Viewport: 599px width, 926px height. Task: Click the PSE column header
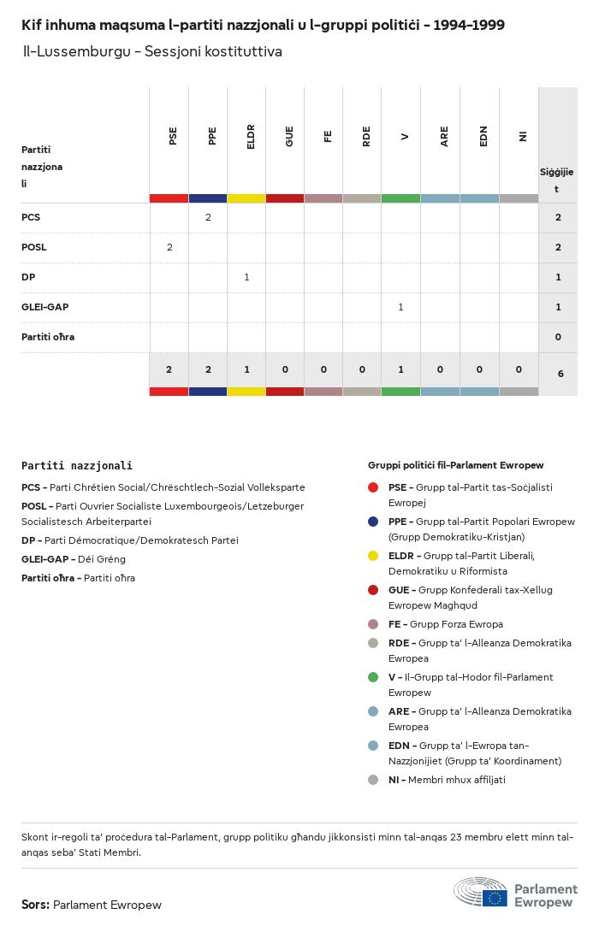click(173, 135)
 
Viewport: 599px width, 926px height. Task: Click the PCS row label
click(31, 217)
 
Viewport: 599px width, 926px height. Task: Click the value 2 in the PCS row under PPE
click(208, 217)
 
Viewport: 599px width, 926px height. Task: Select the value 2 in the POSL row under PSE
click(169, 247)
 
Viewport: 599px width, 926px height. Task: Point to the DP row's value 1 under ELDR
click(246, 277)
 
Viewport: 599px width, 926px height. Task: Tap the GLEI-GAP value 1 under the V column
click(400, 307)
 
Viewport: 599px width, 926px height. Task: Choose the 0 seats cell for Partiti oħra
click(558, 337)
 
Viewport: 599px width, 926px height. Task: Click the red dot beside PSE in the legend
click(373, 487)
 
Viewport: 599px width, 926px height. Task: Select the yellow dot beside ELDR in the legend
click(373, 556)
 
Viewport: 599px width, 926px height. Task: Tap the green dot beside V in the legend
click(373, 677)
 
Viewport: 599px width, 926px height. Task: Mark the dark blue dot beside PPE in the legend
click(373, 522)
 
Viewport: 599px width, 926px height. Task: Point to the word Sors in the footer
click(35, 905)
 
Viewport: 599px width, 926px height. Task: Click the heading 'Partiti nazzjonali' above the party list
click(77, 466)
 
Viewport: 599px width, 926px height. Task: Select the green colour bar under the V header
click(400, 198)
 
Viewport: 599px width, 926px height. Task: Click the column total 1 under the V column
click(400, 369)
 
